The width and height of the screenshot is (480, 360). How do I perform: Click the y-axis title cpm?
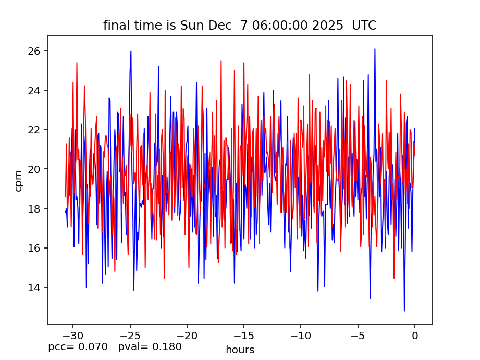point(19,180)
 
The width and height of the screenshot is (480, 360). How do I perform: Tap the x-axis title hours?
point(240,350)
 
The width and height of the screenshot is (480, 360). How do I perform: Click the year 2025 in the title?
point(326,26)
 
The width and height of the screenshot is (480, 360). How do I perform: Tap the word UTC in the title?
point(364,26)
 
